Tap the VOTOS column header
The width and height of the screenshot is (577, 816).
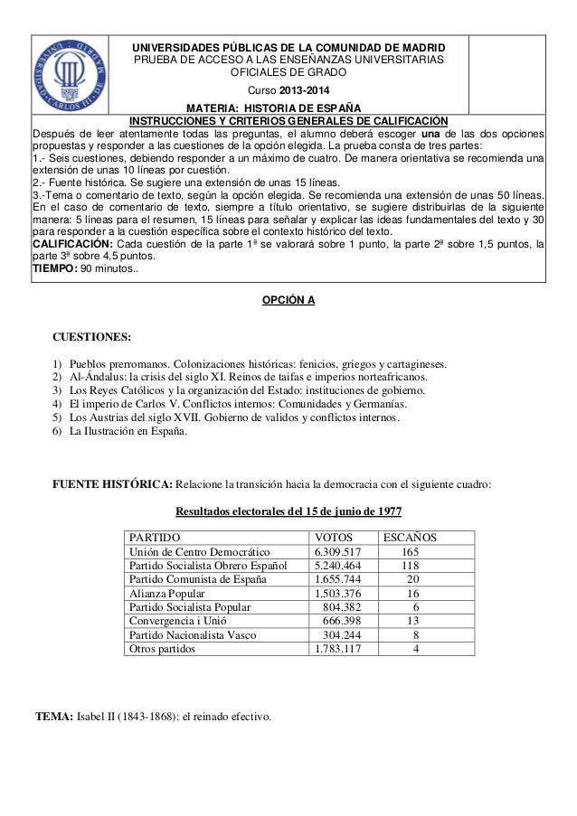pyautogui.click(x=334, y=538)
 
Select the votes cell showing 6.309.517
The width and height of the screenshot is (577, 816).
pyautogui.click(x=338, y=552)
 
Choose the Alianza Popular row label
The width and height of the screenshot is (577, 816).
pyautogui.click(x=167, y=594)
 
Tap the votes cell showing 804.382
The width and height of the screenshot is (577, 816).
pyautogui.click(x=342, y=607)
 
